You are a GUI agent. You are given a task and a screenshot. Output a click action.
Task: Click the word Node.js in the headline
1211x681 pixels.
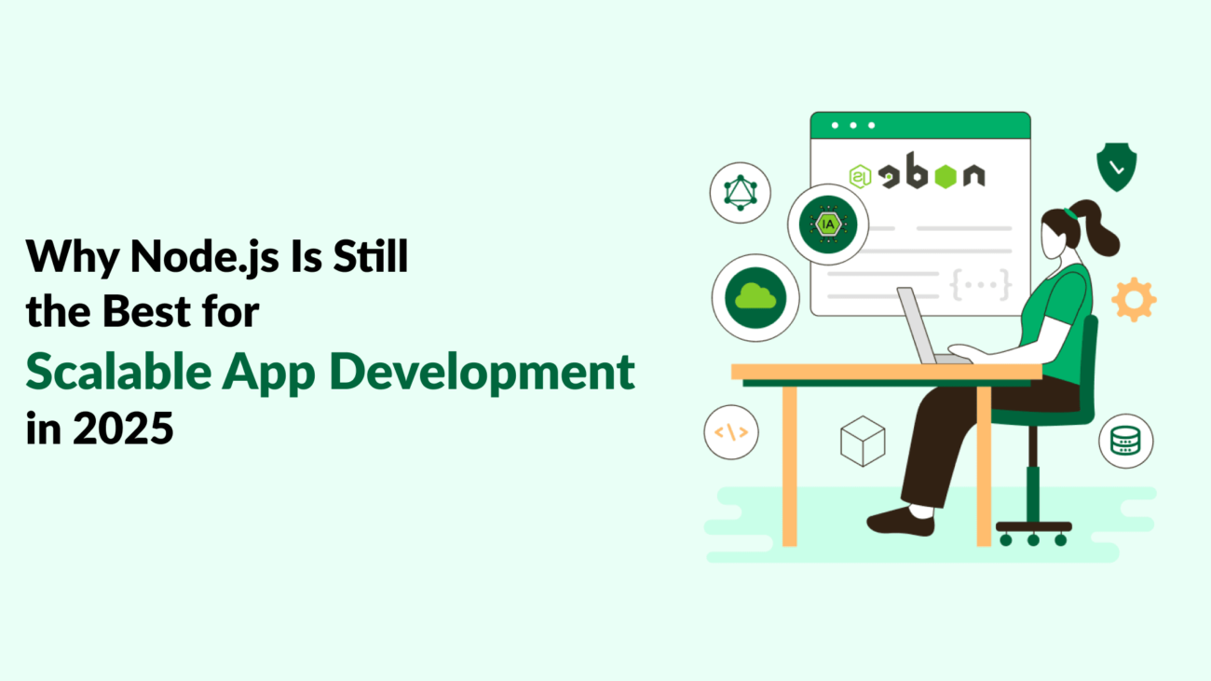coord(192,255)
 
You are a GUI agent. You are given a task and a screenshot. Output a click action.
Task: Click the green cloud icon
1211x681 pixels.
coord(755,297)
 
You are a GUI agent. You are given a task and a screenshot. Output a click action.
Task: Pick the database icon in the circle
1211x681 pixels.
coord(1125,441)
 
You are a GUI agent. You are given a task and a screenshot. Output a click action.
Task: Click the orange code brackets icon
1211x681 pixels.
coord(731,432)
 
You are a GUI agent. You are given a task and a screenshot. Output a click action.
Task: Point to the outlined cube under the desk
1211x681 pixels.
coord(862,441)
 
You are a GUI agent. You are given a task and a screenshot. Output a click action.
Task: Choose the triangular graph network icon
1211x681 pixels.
coord(740,193)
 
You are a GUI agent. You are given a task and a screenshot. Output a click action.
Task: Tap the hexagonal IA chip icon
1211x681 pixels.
coord(827,224)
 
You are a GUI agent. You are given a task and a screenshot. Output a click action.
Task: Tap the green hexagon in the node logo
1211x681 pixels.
coord(946,175)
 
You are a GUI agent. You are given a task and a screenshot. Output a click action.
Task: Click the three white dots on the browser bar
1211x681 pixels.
coord(853,125)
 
